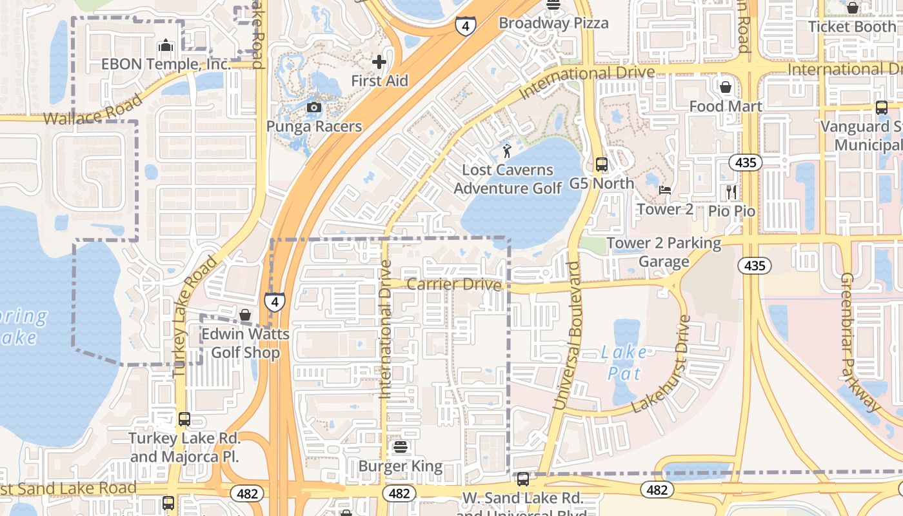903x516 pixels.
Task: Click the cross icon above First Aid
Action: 379,62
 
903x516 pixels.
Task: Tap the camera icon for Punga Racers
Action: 314,107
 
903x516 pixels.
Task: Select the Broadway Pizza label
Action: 553,23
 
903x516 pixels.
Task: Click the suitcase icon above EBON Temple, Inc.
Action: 166,46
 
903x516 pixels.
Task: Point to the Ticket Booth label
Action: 851,26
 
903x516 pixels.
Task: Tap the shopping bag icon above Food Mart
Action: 726,86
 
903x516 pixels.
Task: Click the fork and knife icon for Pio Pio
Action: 731,192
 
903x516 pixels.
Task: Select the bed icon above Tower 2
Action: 665,190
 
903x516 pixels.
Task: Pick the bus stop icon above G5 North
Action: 602,164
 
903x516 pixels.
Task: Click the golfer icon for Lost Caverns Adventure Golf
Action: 507,152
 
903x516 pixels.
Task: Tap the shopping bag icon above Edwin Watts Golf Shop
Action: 245,315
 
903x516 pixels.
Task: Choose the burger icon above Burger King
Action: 401,447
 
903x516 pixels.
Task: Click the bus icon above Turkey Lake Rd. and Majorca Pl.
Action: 184,419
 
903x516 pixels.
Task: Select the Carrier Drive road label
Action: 454,284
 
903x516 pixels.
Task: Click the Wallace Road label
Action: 92,110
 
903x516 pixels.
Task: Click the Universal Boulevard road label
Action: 566,335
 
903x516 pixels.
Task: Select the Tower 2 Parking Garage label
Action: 664,252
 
